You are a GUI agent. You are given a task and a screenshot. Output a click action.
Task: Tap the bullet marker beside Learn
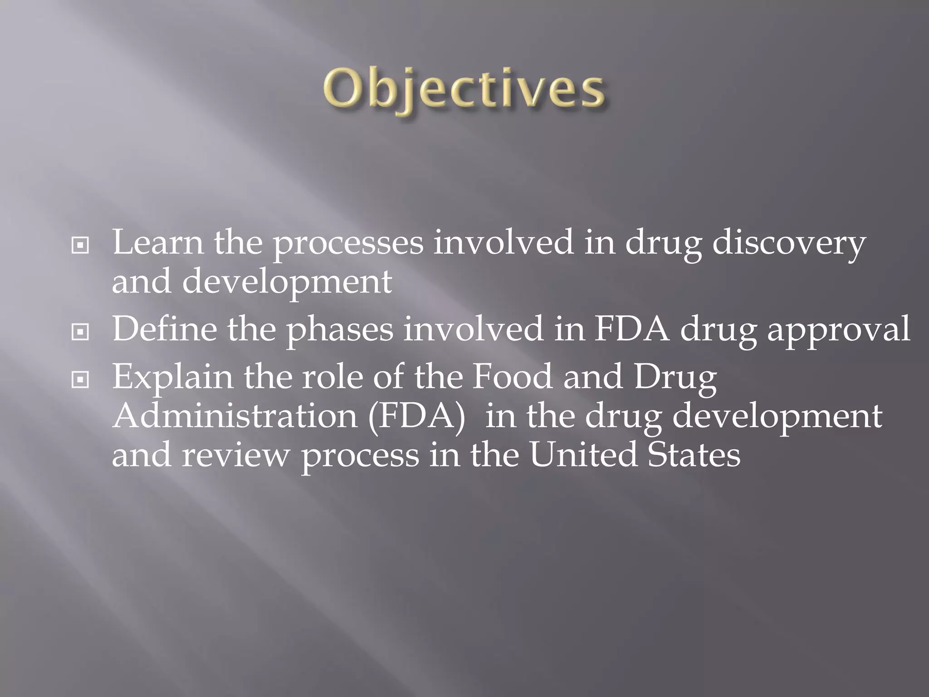[x=80, y=246]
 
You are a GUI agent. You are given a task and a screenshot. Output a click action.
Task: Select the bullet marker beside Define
[x=80, y=332]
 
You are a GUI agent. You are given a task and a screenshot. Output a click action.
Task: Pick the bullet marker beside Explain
[x=80, y=380]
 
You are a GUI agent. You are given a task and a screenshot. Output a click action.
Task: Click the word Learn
[x=157, y=242]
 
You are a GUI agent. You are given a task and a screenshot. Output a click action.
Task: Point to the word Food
[x=512, y=376]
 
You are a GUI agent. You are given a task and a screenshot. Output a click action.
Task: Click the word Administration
[x=235, y=416]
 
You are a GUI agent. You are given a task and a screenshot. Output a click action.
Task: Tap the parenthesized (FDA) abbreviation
[x=416, y=417]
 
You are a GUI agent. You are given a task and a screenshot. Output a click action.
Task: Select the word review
[x=235, y=456]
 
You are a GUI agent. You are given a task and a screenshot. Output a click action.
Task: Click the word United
[x=583, y=455]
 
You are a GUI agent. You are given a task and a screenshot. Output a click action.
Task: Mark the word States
[x=694, y=455]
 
